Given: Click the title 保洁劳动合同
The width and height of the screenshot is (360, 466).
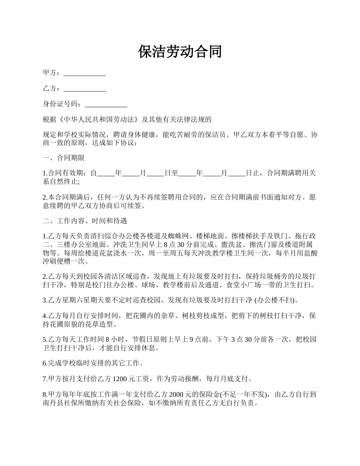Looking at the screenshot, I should (180, 52).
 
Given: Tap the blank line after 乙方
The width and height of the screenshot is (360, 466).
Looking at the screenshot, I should (85, 89).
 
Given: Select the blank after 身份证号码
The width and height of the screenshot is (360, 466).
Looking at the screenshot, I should (106, 104).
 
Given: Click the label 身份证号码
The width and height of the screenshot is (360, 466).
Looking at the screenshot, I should (61, 104).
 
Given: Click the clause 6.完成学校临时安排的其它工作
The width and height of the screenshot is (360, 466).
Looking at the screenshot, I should (92, 363).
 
